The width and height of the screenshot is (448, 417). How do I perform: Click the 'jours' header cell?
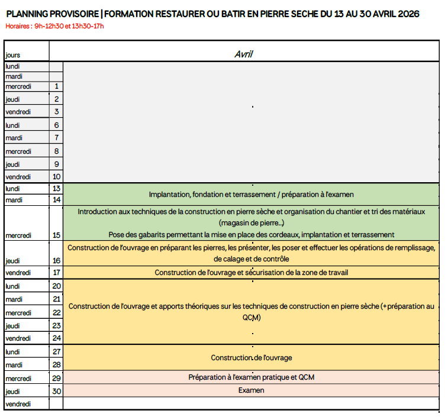pos(13,55)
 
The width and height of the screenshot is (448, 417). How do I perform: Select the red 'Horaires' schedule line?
pos(54,26)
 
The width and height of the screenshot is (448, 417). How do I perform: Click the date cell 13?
pos(56,189)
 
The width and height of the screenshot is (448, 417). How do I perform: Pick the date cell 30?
pos(56,391)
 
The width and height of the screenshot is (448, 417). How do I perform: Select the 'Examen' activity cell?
pos(251,390)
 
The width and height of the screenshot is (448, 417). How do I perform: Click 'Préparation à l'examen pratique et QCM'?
pos(251,377)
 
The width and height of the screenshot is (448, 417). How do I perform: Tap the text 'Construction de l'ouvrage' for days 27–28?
pos(251,358)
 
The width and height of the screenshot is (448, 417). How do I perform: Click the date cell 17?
pos(56,273)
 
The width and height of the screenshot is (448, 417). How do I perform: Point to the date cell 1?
pos(56,86)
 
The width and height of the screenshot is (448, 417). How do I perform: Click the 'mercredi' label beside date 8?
pos(18,151)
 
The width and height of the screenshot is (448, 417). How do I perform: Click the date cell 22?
pos(56,312)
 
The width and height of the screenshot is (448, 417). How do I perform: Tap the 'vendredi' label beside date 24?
pos(18,338)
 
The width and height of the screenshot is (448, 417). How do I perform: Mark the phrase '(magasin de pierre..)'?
pos(251,223)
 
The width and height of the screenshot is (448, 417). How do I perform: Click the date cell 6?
pos(56,125)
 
